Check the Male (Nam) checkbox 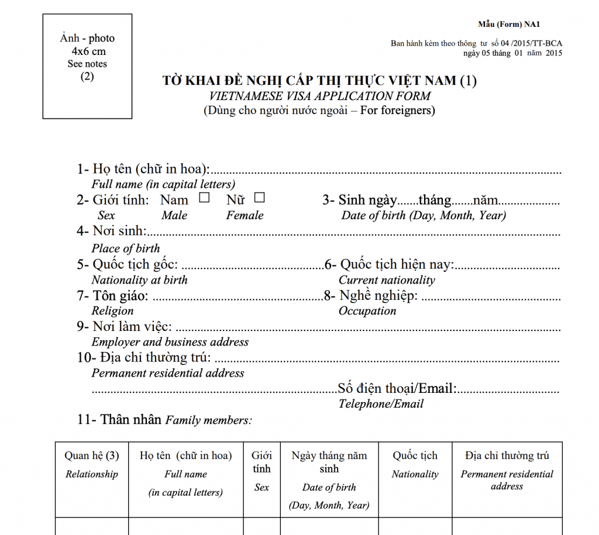pos(204,198)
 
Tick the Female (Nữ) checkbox pos(259,198)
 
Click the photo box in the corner pos(87,66)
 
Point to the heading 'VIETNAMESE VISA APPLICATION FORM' pos(319,96)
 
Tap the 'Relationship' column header pos(91,474)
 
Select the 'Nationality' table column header pos(415,474)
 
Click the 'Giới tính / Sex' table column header pos(261,471)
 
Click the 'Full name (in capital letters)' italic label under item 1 pos(163,184)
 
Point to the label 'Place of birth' pos(125,248)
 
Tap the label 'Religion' pos(112,311)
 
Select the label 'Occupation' pos(367,311)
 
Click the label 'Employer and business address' pos(170,342)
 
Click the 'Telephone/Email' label pos(381,404)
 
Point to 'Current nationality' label pos(387,280)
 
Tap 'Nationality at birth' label pos(139,280)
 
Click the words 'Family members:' pos(209,420)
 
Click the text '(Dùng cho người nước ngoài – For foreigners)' pos(319,110)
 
